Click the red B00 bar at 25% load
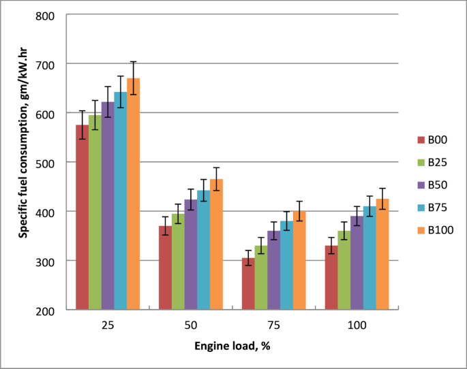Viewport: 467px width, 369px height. [x=82, y=218]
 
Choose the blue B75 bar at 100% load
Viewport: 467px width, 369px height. [x=370, y=258]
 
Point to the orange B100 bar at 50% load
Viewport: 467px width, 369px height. [x=216, y=244]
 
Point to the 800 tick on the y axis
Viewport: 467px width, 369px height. [x=56, y=14]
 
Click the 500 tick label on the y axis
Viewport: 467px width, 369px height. [x=56, y=162]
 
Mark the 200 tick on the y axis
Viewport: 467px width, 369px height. [x=56, y=310]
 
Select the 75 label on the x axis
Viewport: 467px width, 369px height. [x=273, y=325]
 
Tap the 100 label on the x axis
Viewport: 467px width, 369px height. [x=357, y=325]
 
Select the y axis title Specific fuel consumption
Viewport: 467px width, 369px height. [x=23, y=162]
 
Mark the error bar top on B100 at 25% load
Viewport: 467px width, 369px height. [x=133, y=62]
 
